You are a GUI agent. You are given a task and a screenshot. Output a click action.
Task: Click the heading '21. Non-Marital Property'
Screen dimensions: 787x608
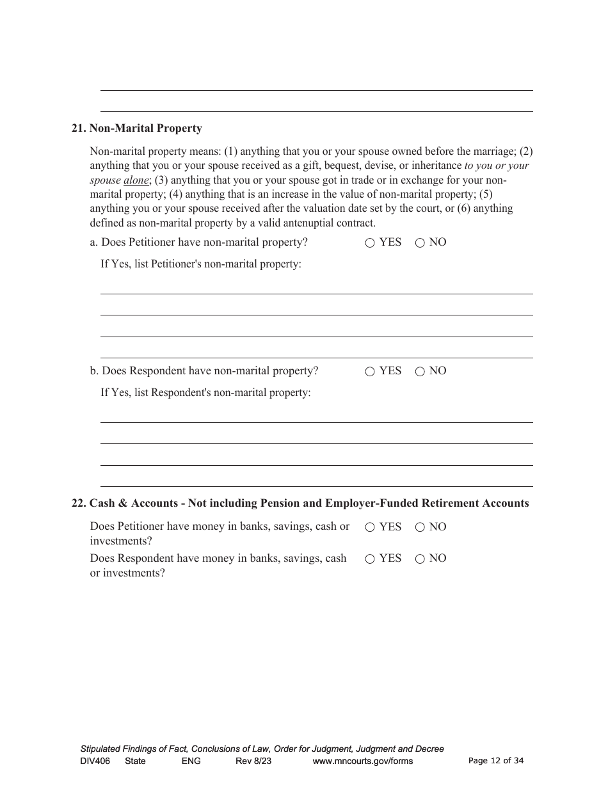pyautogui.click(x=137, y=129)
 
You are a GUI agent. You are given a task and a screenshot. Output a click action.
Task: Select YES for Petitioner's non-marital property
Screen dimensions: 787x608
pyautogui.click(x=370, y=243)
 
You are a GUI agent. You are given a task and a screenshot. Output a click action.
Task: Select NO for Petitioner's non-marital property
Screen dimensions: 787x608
pyautogui.click(x=420, y=243)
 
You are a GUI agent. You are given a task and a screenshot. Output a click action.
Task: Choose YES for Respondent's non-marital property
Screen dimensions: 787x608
pyautogui.click(x=370, y=372)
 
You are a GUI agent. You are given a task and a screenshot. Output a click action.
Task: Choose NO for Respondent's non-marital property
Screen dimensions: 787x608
pyautogui.click(x=420, y=372)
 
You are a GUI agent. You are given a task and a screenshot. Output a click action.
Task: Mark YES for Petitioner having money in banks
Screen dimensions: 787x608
pyautogui.click(x=370, y=528)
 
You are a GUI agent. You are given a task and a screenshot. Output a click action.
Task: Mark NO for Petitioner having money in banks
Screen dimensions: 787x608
pyautogui.click(x=420, y=528)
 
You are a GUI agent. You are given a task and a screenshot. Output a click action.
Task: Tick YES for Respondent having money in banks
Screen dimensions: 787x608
pyautogui.click(x=370, y=559)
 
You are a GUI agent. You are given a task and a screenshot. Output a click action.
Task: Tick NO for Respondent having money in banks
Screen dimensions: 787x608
pyautogui.click(x=420, y=559)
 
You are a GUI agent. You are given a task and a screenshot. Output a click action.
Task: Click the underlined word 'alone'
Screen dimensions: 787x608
pyautogui.click(x=136, y=180)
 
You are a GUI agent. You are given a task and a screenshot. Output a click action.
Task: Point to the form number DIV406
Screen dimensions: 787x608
pyautogui.click(x=91, y=761)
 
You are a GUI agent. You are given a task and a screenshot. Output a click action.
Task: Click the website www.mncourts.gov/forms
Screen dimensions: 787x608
pyautogui.click(x=362, y=761)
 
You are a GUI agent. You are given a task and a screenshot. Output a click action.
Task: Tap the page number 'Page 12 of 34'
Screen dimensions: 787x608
pyautogui.click(x=496, y=761)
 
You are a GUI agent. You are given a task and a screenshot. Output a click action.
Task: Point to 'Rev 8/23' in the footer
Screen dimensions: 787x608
pyautogui.click(x=253, y=761)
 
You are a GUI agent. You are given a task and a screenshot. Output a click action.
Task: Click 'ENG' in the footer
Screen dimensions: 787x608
pyautogui.click(x=191, y=761)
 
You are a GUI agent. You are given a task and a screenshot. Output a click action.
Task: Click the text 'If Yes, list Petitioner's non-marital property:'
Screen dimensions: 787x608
pyautogui.click(x=201, y=264)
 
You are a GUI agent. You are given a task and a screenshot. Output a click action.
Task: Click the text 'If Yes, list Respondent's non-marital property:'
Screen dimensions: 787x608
pyautogui.click(x=205, y=393)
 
